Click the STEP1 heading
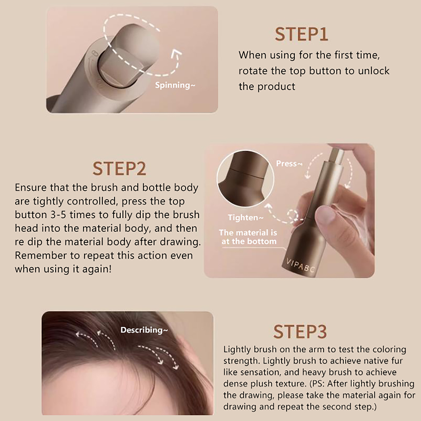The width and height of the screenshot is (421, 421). tap(301, 34)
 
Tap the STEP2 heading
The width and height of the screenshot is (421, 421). tap(119, 169)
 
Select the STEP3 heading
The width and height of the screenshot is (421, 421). tap(300, 332)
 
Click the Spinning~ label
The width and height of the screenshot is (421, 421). tap(175, 85)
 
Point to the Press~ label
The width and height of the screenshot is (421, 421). tap(289, 163)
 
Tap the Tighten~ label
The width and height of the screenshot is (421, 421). tap(245, 217)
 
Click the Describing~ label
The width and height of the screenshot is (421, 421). tap(144, 330)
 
